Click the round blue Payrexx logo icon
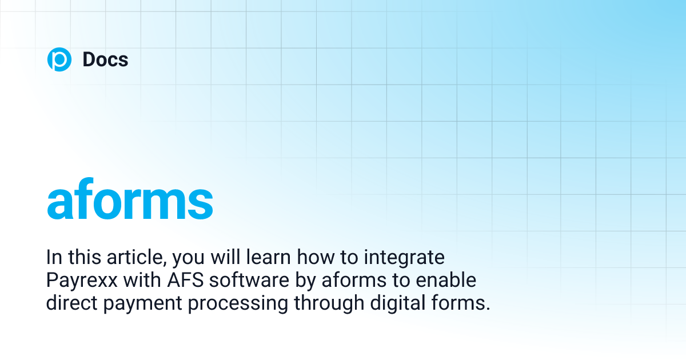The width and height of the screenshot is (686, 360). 59,60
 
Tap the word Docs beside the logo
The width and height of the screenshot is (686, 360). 105,60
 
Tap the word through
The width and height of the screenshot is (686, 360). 327,303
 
